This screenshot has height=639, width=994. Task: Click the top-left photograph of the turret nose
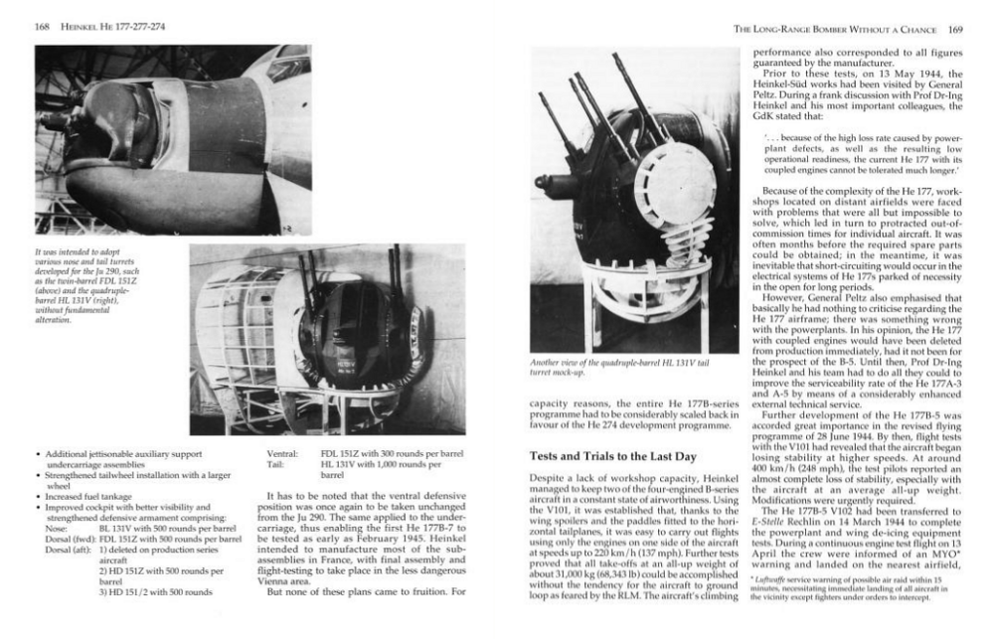pyautogui.click(x=157, y=138)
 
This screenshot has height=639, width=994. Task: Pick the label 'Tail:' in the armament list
pyautogui.click(x=277, y=464)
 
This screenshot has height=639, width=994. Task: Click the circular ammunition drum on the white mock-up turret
pyautogui.click(x=680, y=169)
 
